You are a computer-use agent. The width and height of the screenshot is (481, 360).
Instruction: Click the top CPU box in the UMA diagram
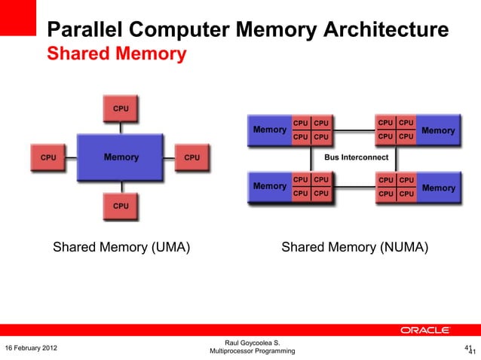pyautogui.click(x=121, y=108)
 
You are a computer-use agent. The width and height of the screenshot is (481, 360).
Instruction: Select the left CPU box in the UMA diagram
pyautogui.click(x=48, y=157)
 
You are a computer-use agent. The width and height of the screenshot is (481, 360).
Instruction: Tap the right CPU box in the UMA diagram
pyautogui.click(x=192, y=157)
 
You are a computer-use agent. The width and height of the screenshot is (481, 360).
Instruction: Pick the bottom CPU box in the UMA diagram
pyautogui.click(x=121, y=205)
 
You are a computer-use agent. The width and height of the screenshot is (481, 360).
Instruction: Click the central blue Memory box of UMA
pyautogui.click(x=121, y=157)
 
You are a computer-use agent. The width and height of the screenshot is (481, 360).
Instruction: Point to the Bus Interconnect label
pyautogui.click(x=356, y=157)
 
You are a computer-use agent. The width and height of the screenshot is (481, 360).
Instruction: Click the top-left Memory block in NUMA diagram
pyautogui.click(x=269, y=130)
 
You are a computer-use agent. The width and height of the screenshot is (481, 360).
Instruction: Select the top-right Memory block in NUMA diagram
pyautogui.click(x=438, y=130)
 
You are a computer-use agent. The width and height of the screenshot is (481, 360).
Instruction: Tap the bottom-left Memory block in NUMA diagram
pyautogui.click(x=269, y=186)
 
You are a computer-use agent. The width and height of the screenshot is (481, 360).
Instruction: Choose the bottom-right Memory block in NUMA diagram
pyautogui.click(x=438, y=188)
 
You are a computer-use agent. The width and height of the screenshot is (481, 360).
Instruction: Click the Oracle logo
pyautogui.click(x=426, y=330)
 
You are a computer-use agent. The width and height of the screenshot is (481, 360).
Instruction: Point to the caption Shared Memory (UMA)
pyautogui.click(x=121, y=247)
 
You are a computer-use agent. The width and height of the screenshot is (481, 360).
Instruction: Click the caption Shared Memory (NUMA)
pyautogui.click(x=354, y=247)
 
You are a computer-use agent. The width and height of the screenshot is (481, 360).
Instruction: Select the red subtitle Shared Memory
pyautogui.click(x=116, y=54)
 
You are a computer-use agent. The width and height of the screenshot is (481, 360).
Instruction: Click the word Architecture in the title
pyautogui.click(x=386, y=30)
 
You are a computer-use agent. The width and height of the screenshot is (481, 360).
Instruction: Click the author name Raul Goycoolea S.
pyautogui.click(x=247, y=343)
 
